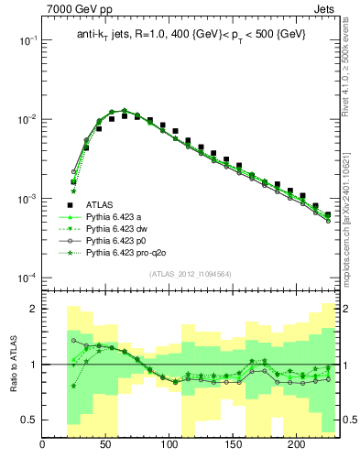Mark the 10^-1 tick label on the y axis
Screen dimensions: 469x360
tap(27, 41)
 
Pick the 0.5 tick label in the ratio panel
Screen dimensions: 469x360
tap(27, 420)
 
